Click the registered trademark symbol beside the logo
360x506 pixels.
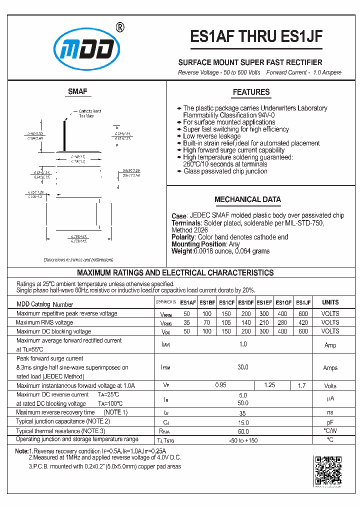[120, 27]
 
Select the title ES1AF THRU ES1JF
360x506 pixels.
[257, 37]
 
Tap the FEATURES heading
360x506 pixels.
[251, 92]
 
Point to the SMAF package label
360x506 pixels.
[77, 91]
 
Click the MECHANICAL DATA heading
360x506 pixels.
[247, 199]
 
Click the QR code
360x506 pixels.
[327, 470]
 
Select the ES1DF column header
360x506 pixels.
[246, 302]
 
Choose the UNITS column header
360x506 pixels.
[330, 302]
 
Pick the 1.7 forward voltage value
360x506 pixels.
[301, 385]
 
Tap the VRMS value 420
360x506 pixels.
[303, 322]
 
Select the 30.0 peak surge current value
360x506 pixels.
[243, 367]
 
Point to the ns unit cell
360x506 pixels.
[330, 413]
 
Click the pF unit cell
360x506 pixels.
[330, 422]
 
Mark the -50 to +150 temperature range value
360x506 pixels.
[243, 440]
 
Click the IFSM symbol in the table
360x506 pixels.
[166, 368]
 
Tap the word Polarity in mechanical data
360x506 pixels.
[183, 237]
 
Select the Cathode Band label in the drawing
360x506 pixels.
[90, 111]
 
